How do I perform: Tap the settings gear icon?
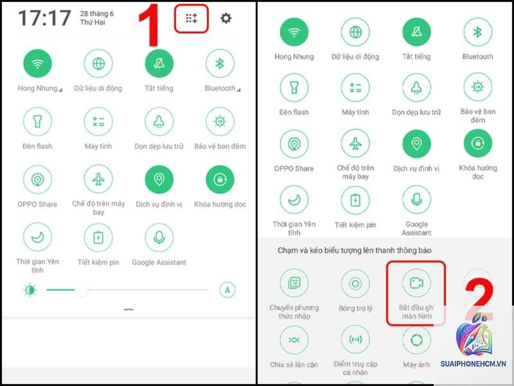[226, 18]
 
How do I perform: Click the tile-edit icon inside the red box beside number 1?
[191, 19]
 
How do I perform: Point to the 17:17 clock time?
[44, 18]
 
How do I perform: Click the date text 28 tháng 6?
[97, 14]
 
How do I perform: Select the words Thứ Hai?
[93, 23]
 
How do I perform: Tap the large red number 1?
[150, 26]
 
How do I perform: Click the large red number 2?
[479, 300]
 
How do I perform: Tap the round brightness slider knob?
[81, 290]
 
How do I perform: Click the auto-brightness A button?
[227, 290]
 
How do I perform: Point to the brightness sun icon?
[30, 290]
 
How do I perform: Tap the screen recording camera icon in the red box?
[416, 283]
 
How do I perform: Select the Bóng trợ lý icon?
[355, 283]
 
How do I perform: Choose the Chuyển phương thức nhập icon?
[294, 283]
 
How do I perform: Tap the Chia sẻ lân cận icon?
[294, 340]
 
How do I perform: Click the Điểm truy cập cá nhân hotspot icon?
[355, 340]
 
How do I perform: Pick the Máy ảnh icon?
[416, 340]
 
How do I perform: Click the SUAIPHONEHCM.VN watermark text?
[473, 363]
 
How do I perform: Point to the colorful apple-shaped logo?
[474, 335]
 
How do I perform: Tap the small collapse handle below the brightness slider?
[129, 309]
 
